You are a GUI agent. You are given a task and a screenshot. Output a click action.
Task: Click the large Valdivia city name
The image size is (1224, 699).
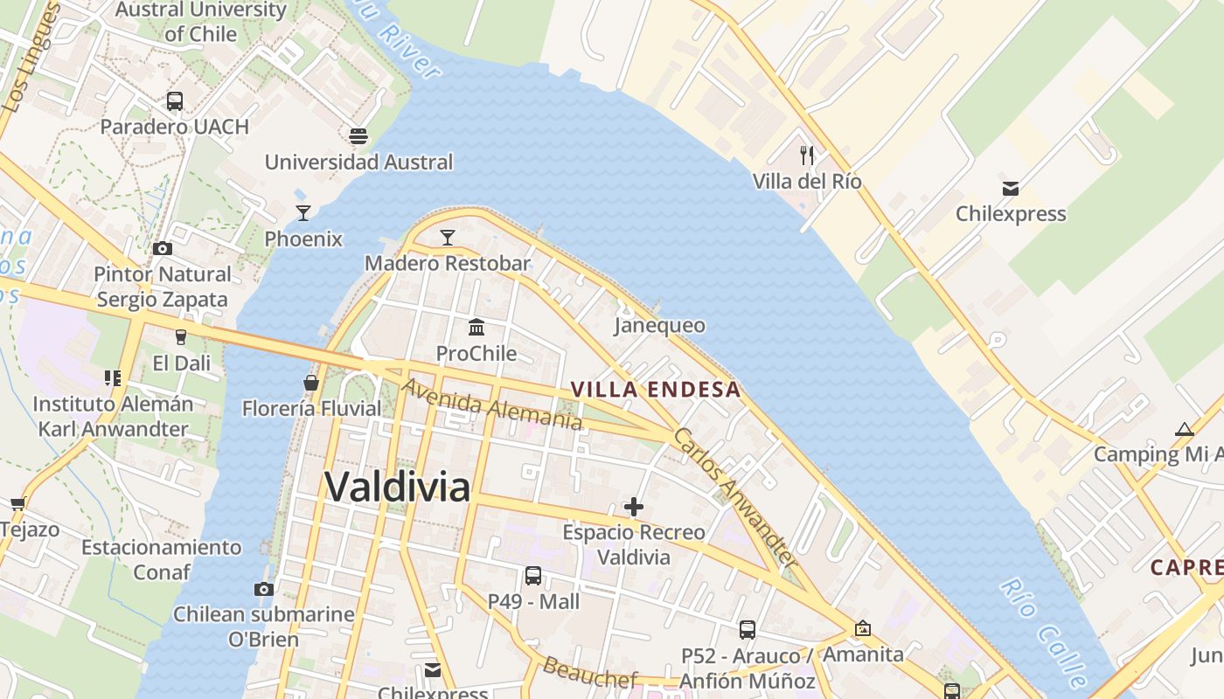[x=398, y=487]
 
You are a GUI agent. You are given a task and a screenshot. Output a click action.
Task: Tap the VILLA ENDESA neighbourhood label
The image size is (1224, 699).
[x=656, y=390]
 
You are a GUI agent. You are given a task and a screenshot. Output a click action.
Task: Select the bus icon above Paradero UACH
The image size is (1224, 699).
[x=175, y=101]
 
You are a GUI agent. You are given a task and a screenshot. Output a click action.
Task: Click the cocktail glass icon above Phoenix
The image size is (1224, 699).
[x=303, y=212]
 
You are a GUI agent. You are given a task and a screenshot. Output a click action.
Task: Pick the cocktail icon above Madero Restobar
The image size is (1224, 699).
[x=448, y=237]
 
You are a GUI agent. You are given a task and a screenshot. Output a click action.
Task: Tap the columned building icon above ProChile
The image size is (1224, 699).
[x=476, y=328]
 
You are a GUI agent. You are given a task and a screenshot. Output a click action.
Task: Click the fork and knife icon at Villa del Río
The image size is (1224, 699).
[x=807, y=156]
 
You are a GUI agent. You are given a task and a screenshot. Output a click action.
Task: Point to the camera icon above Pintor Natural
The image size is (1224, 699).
[x=163, y=249]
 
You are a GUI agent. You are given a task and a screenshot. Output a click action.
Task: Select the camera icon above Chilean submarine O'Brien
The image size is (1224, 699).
[x=264, y=589]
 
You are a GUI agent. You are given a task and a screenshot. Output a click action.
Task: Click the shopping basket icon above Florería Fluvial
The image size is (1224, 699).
[x=310, y=383]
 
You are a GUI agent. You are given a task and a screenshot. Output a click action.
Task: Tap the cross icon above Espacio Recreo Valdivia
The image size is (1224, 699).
[x=634, y=507]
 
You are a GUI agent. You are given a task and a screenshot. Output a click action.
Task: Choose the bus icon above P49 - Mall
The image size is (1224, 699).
[x=533, y=576]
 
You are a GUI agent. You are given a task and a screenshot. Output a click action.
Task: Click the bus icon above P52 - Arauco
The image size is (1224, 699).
[x=748, y=630]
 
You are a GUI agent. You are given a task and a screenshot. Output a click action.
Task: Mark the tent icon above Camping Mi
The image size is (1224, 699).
[x=1185, y=429]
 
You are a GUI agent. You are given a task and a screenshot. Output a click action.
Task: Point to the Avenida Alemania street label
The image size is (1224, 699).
[x=491, y=404]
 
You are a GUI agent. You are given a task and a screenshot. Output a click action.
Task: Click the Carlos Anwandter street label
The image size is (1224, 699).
[x=734, y=498]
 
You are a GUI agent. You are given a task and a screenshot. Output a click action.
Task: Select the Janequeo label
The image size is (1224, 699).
[x=659, y=326]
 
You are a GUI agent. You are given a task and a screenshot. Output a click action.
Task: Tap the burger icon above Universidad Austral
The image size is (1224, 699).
[x=358, y=136]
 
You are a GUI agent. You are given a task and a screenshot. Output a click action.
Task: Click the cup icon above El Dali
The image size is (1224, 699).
[x=181, y=336]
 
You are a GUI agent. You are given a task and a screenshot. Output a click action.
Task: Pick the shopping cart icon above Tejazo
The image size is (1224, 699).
[x=17, y=504]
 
